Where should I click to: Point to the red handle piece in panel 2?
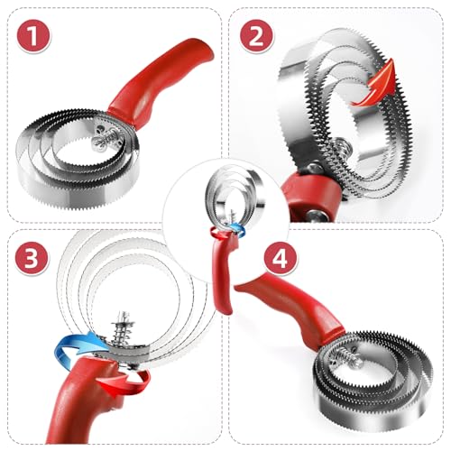tap(298, 194)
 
